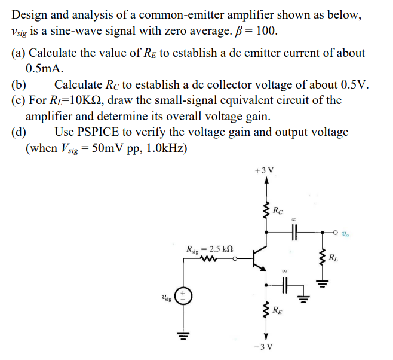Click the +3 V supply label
(x=265, y=170)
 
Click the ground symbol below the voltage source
(x=183, y=336)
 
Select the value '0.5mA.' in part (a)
(x=45, y=68)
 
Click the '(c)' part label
(x=18, y=99)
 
